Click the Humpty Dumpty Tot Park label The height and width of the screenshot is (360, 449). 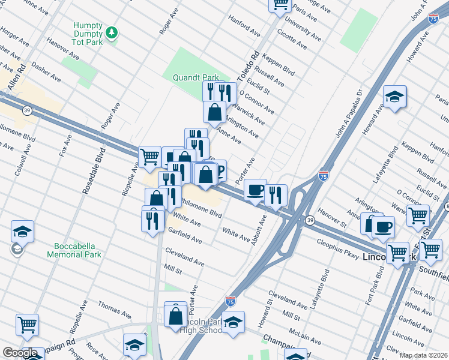[x=88, y=34]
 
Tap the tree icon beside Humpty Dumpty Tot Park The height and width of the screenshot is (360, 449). [x=111, y=31]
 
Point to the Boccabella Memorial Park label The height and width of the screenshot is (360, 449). [x=77, y=250]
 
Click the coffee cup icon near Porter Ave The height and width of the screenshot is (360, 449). [x=255, y=190]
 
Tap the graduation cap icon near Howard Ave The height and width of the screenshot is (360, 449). [x=395, y=97]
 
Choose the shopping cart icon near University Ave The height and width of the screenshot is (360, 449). [x=280, y=5]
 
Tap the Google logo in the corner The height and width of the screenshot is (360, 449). [x=20, y=353]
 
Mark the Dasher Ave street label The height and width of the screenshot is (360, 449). [x=47, y=72]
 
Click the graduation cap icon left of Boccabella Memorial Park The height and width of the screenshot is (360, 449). [x=22, y=232]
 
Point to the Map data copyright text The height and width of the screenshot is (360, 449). [x=423, y=355]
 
